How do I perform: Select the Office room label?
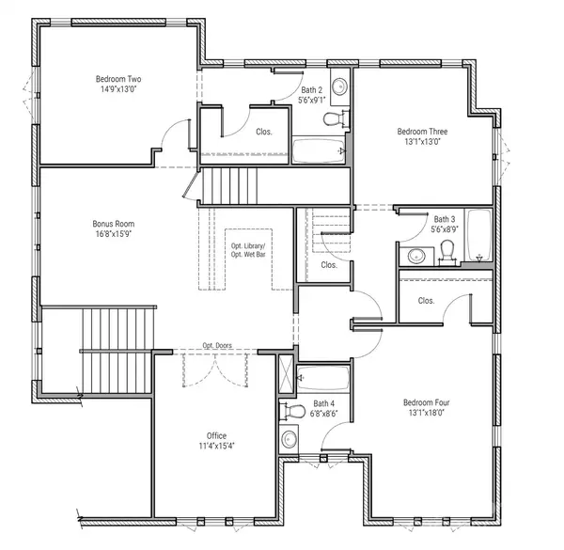click(x=216, y=435)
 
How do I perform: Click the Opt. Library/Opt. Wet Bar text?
click(x=248, y=250)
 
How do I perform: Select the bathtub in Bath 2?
click(x=318, y=150)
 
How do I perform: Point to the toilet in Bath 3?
click(x=447, y=249)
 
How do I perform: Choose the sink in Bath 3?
click(x=416, y=254)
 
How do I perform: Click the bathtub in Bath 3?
click(x=478, y=236)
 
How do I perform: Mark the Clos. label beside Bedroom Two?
click(x=264, y=132)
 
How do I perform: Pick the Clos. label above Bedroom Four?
click(x=426, y=301)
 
